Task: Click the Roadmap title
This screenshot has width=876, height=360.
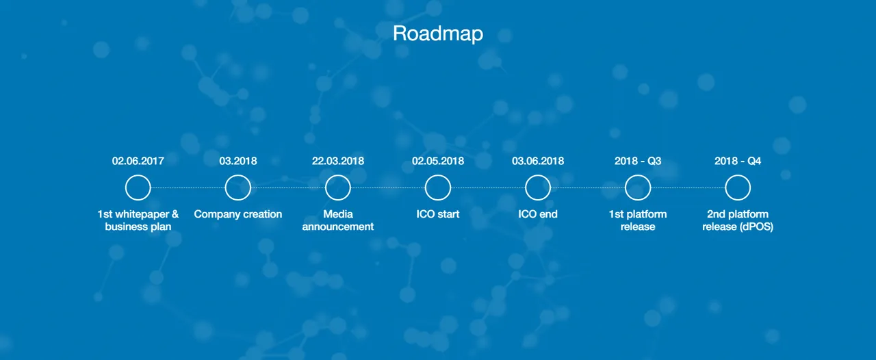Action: pyautogui.click(x=438, y=34)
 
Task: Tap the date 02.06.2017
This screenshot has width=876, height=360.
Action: pyautogui.click(x=138, y=161)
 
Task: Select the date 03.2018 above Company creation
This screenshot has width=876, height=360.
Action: pyautogui.click(x=237, y=161)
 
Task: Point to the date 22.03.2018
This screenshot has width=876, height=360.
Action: pyautogui.click(x=338, y=161)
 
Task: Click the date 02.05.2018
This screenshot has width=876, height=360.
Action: pyautogui.click(x=438, y=161)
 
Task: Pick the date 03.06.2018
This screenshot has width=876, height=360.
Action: pyautogui.click(x=538, y=161)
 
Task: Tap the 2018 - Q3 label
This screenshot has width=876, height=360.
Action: pyautogui.click(x=638, y=161)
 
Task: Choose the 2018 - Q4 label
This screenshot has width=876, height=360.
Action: pyautogui.click(x=738, y=161)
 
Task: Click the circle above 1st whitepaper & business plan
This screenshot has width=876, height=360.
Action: pyautogui.click(x=138, y=175)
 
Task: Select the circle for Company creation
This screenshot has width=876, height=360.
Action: pyautogui.click(x=237, y=175)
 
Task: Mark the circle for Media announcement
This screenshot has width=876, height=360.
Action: pyautogui.click(x=338, y=175)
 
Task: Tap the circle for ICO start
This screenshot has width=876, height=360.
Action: pyautogui.click(x=438, y=175)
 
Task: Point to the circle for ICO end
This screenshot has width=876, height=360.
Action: pyautogui.click(x=538, y=175)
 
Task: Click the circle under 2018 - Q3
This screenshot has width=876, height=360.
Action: pyautogui.click(x=638, y=175)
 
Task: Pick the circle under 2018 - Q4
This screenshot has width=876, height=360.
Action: pyautogui.click(x=738, y=175)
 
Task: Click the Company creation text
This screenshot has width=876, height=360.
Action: pyautogui.click(x=237, y=214)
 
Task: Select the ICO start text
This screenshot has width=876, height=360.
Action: pyautogui.click(x=438, y=214)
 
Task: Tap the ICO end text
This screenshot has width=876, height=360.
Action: pyautogui.click(x=538, y=214)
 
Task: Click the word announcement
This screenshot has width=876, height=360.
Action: pyautogui.click(x=338, y=227)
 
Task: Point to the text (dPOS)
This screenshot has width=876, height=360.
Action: pyautogui.click(x=756, y=227)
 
